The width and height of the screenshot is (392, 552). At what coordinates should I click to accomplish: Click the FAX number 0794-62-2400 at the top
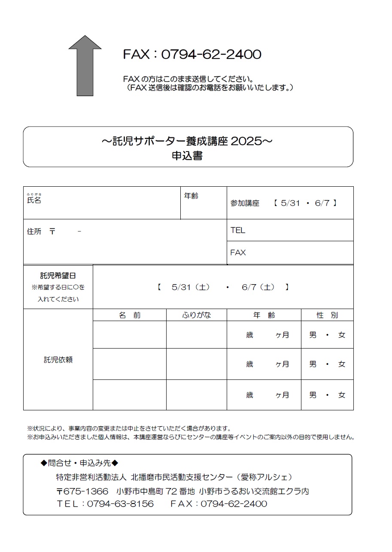tap(211, 55)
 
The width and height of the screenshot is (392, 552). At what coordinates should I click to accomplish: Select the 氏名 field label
tap(34, 200)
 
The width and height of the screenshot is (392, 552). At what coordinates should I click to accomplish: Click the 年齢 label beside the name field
tap(191, 196)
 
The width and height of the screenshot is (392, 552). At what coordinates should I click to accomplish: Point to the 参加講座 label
tap(245, 203)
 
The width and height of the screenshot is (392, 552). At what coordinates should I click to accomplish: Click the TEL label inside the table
tap(237, 230)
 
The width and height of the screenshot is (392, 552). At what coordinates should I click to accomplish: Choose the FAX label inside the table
tap(238, 252)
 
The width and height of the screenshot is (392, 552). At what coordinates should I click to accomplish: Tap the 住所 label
tap(34, 231)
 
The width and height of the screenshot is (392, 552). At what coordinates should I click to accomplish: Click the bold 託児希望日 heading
tap(58, 276)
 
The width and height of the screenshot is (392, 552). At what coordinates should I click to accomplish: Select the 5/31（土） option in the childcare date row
tap(190, 287)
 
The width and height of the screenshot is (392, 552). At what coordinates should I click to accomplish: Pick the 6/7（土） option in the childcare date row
tap(258, 287)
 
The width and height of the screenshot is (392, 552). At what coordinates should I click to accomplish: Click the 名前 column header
tap(130, 315)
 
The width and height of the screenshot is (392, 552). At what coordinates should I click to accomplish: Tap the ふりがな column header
tap(197, 315)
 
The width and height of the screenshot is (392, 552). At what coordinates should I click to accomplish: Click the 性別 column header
tap(327, 315)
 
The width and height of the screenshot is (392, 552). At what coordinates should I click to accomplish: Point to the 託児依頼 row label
tap(58, 360)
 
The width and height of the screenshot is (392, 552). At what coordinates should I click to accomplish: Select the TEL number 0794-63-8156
tap(120, 503)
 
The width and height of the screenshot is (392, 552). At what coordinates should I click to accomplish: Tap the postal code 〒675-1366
tap(82, 491)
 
